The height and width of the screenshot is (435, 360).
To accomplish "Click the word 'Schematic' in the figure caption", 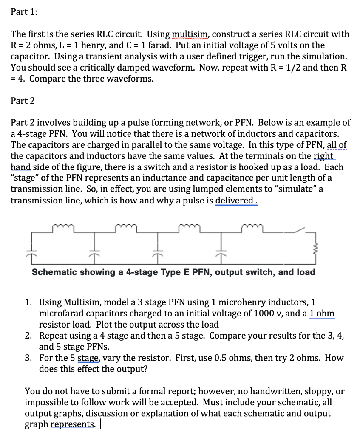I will (52, 272).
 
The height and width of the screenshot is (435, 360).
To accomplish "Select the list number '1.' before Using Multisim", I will (28, 302).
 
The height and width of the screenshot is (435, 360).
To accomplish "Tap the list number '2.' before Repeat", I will (28, 336).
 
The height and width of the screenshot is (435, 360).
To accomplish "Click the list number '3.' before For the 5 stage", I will (28, 358).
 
